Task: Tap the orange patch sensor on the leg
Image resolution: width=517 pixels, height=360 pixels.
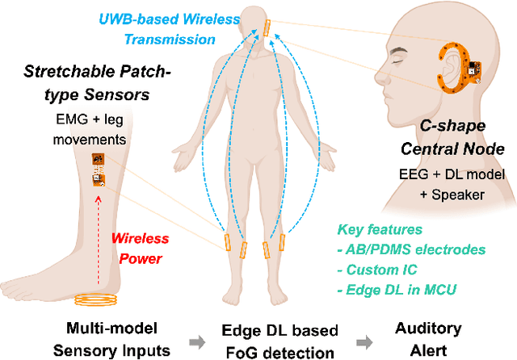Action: click(x=99, y=170)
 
